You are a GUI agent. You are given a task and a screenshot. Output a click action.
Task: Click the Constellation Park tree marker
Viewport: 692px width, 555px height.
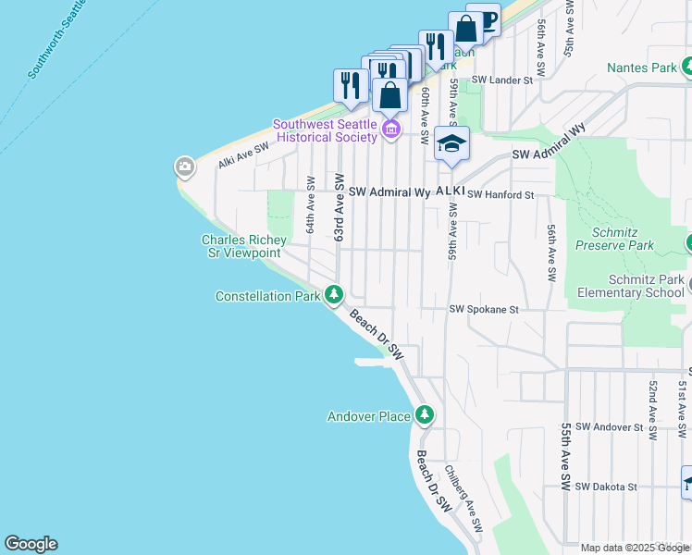pos(334,296)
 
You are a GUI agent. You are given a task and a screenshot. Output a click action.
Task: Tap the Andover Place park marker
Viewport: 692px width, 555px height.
pos(424,415)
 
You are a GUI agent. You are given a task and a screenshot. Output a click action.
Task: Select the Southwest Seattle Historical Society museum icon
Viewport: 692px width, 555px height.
pos(390,129)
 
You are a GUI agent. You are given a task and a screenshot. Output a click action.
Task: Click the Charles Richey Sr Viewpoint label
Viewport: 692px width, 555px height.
pos(241,246)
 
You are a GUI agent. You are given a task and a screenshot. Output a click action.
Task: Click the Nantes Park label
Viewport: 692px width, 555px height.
pos(643,68)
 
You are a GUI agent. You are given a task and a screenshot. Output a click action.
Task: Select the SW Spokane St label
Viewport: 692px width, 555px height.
pos(484,311)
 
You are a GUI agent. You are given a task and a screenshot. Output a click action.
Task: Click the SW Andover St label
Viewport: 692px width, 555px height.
pos(609,427)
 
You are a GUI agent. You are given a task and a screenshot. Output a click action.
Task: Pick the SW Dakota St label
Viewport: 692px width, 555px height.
pos(606,487)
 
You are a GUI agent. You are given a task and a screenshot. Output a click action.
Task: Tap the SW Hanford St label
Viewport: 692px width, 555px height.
pos(501,195)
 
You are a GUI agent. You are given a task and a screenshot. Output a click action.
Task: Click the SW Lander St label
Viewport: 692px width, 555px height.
pos(503,80)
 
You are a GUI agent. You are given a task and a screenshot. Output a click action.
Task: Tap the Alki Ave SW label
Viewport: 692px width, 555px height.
pos(243,154)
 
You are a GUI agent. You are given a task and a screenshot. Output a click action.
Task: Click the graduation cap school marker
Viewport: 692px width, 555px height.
pos(451,143)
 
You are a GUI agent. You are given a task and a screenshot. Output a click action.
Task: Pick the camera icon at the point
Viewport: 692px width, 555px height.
pos(184,167)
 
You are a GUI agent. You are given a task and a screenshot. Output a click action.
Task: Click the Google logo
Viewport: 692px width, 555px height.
pos(31,544)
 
